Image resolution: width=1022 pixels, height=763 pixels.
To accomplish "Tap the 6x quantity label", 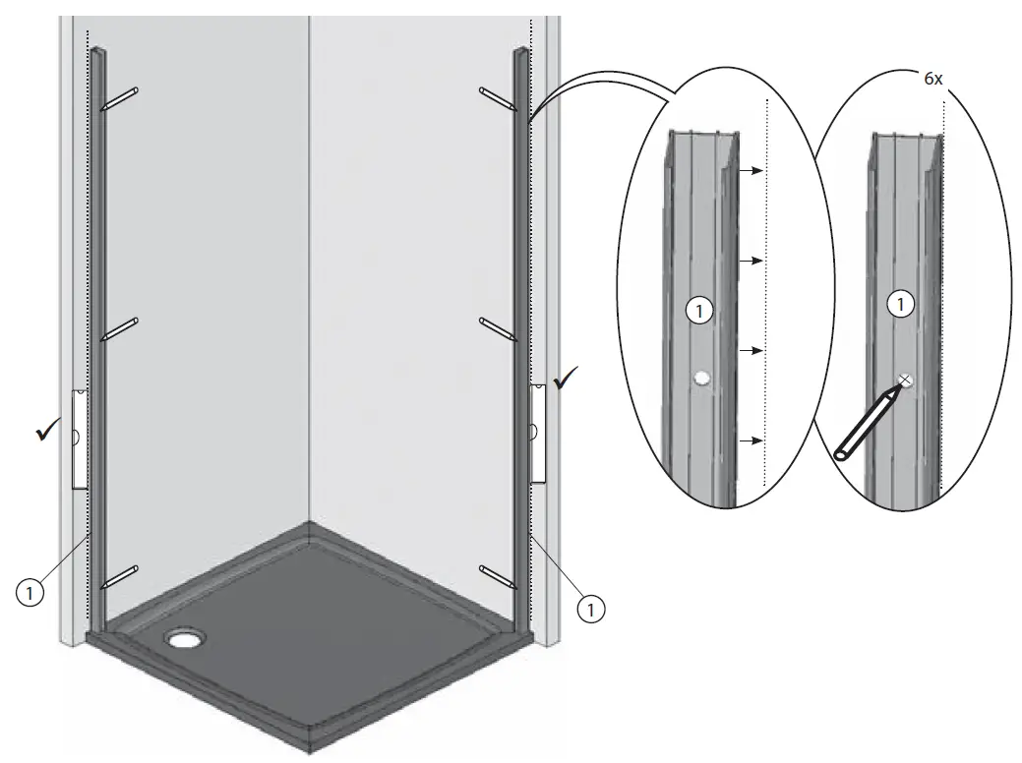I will click(x=933, y=79).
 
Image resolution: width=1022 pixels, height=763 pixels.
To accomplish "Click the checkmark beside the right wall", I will click(x=567, y=379).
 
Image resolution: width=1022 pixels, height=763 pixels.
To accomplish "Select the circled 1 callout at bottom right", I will click(x=590, y=609).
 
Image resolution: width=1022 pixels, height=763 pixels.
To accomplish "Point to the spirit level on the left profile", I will click(x=80, y=439).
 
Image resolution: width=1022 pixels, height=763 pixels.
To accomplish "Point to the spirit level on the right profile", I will click(x=537, y=433).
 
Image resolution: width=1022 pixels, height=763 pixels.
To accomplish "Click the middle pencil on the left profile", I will click(x=120, y=329).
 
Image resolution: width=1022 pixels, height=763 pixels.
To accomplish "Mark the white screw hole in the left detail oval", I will click(x=700, y=378).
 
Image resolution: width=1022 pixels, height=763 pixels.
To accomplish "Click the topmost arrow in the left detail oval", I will click(x=751, y=170).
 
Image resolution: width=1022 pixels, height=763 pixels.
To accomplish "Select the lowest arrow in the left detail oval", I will click(x=751, y=441).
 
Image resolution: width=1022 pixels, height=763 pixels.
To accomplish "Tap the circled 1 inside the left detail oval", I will click(x=697, y=312).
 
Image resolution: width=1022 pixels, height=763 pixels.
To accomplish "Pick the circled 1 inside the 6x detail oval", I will click(x=898, y=305).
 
